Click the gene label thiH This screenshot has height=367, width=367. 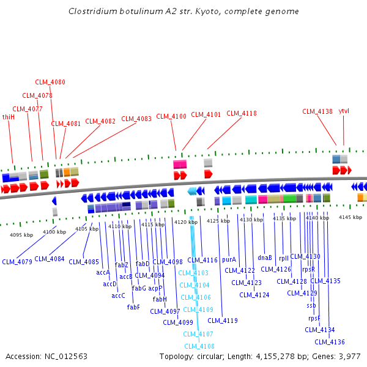9,117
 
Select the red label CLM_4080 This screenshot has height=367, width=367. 50,82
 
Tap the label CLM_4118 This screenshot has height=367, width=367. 242,113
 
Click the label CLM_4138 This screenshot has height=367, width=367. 317,111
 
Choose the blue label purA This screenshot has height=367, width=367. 229,259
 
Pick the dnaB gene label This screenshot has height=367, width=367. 265,258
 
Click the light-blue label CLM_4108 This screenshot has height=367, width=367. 199,346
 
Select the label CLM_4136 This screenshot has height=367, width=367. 330,342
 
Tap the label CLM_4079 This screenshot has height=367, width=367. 17,262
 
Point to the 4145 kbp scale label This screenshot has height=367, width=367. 350,217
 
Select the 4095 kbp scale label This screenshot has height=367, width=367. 21,234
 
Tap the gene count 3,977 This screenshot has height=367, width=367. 349,356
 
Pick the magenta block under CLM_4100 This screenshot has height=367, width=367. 180,165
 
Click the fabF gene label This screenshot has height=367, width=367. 134,307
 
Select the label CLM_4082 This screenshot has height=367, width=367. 100,121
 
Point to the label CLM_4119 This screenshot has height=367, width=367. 223,320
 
